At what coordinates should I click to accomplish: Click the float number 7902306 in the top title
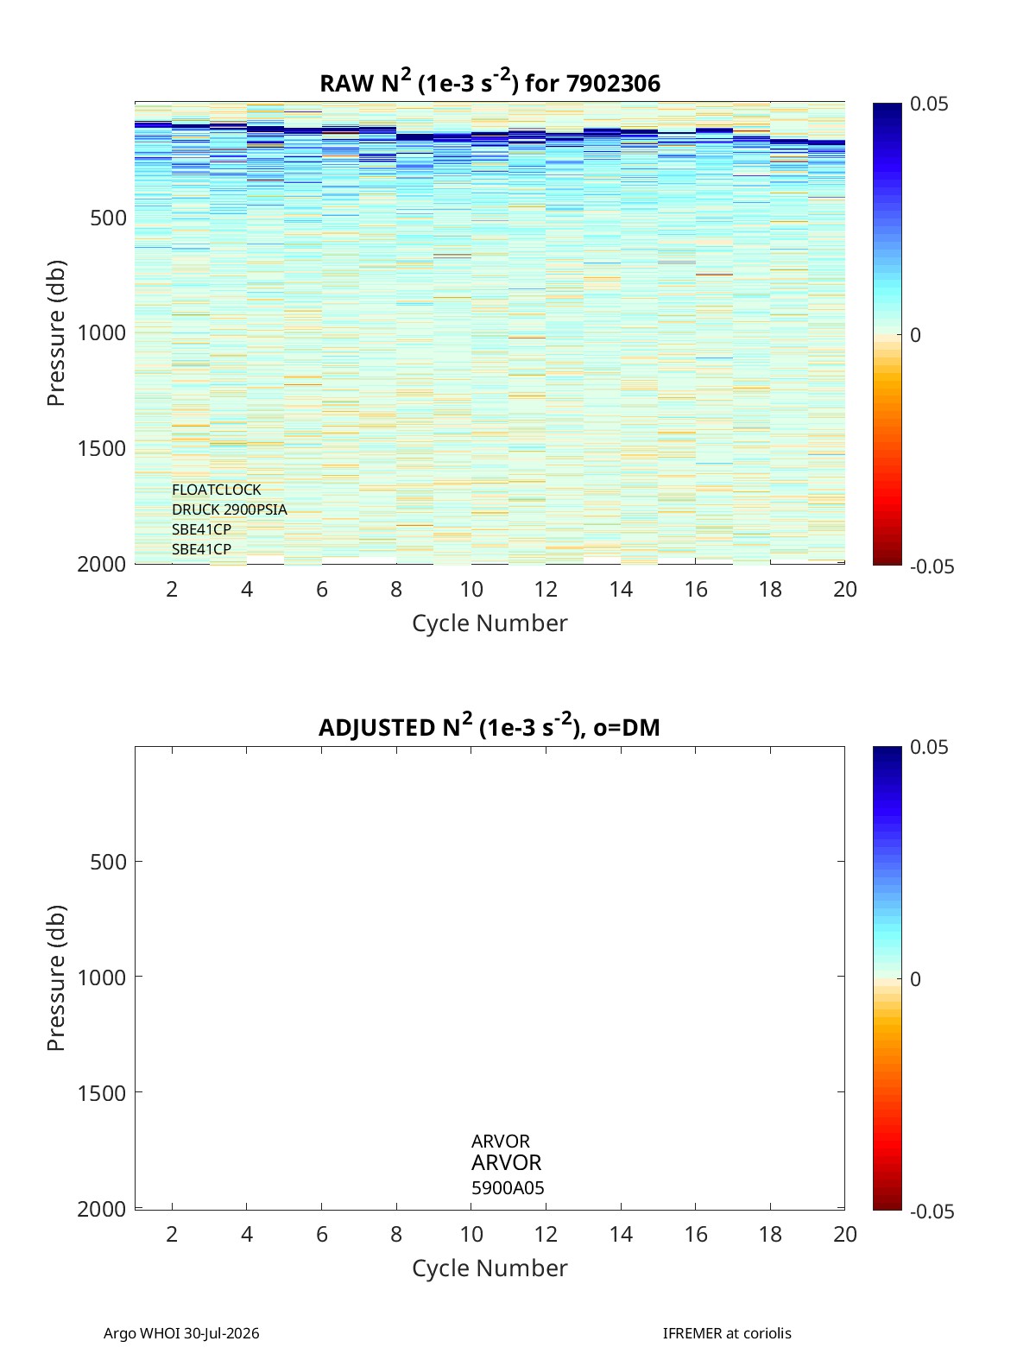pos(613,84)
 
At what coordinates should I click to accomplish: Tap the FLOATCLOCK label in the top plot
pos(216,490)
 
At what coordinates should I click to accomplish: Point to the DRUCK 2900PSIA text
pos(229,509)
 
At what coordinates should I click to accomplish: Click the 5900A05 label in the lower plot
pos(508,1188)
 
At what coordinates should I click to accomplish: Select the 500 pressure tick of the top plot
pos(109,218)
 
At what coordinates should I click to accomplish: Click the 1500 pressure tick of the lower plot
pos(102,1093)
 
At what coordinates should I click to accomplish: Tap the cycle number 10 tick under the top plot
pos(471,589)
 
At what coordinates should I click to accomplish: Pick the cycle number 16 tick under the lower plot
pos(695,1234)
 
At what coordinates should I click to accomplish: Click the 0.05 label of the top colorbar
pos(929,104)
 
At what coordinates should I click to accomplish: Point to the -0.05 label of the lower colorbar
pos(932,1211)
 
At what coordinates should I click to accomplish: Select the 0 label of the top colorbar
pos(915,335)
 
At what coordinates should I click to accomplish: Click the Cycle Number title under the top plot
pos(490,623)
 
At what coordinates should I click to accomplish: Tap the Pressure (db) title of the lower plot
pos(56,978)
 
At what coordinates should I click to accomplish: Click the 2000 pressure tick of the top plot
pos(102,564)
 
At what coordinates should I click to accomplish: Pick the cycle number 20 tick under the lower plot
pos(844,1234)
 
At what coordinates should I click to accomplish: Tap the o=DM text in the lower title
pos(626,728)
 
